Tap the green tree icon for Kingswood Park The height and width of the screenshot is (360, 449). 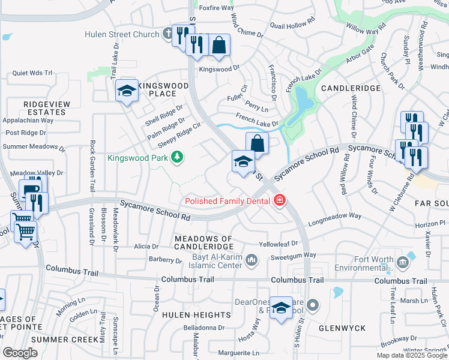[176, 158]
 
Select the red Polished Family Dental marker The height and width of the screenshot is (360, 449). [279, 201]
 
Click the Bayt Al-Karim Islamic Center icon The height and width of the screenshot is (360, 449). [251, 260]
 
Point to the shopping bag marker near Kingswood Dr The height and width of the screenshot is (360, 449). [220, 46]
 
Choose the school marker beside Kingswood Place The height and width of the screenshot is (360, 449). [127, 91]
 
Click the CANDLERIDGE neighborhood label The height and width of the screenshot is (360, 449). [351, 88]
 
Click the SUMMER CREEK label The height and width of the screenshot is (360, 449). [64, 340]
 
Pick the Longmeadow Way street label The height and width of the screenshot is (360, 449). [334, 219]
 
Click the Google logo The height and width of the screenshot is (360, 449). [20, 353]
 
